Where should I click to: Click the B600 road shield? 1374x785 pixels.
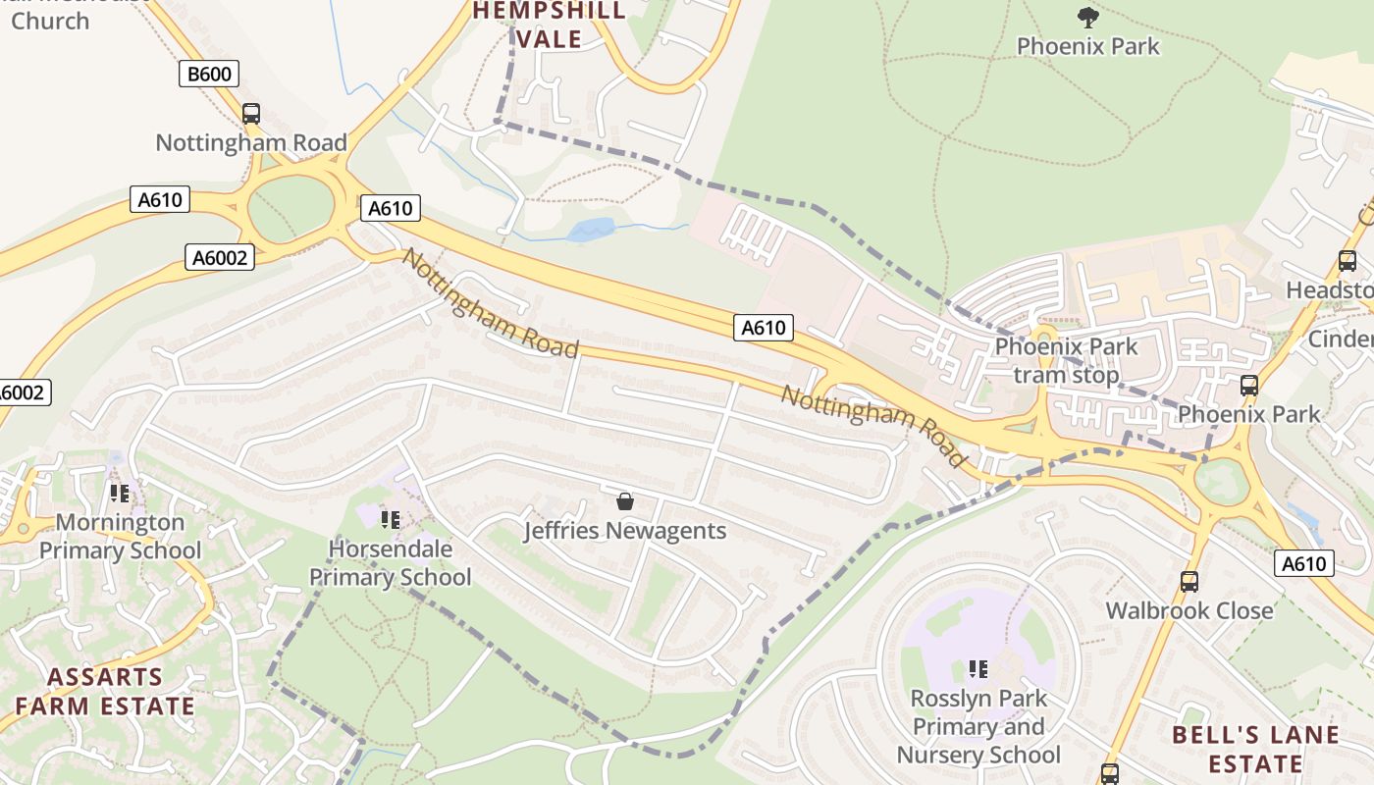tap(209, 74)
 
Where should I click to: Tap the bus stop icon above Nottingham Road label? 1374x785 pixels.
tap(251, 113)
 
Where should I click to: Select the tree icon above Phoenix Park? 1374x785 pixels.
tap(1087, 16)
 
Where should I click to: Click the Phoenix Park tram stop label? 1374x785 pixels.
tap(1066, 361)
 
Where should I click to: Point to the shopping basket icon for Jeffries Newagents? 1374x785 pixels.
tap(625, 502)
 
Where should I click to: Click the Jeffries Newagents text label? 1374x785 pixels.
tap(625, 531)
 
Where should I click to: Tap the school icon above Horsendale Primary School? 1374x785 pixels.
tap(391, 520)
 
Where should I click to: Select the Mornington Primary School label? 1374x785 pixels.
tap(120, 537)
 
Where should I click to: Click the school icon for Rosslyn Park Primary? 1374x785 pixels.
tap(978, 669)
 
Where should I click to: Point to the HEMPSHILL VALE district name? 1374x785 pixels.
tap(550, 25)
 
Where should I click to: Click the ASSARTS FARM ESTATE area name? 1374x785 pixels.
tap(105, 692)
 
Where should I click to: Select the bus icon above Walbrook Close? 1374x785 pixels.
tap(1189, 582)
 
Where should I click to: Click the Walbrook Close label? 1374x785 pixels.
tap(1189, 610)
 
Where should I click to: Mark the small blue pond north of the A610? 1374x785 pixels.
tap(591, 231)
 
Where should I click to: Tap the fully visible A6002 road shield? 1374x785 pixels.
tap(220, 258)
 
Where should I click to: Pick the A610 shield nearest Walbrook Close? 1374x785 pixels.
tap(1304, 563)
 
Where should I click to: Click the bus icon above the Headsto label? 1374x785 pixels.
tap(1348, 261)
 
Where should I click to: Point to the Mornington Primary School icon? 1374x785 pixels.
tap(120, 493)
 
